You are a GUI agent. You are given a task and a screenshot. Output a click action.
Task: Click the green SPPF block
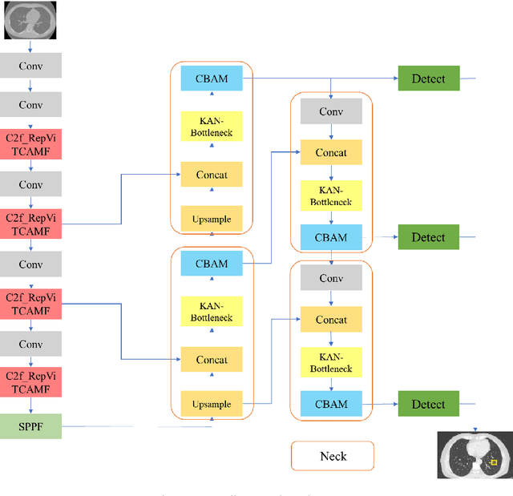[x=30, y=426]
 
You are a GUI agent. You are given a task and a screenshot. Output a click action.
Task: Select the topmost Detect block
[x=428, y=79]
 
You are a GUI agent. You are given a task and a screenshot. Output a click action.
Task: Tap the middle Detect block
[x=428, y=237]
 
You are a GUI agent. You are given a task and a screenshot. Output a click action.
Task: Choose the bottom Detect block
[x=428, y=404]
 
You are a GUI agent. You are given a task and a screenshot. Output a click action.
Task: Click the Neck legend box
[x=333, y=456]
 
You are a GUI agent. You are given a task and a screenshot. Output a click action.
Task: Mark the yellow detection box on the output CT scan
[x=494, y=462]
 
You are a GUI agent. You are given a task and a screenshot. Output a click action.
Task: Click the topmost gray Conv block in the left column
[x=30, y=66]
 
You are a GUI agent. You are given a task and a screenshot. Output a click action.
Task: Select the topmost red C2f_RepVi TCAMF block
[x=30, y=144]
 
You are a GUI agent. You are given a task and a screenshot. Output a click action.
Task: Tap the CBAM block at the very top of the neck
[x=212, y=79]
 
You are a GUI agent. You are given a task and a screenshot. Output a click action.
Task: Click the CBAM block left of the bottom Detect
[x=331, y=404]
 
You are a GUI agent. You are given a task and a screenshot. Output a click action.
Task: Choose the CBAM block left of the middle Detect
[x=331, y=237]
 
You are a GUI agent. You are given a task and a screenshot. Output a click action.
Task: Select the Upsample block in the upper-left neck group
[x=212, y=219]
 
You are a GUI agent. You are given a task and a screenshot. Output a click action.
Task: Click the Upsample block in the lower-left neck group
[x=212, y=404]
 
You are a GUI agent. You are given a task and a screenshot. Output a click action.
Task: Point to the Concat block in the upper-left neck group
[x=212, y=175]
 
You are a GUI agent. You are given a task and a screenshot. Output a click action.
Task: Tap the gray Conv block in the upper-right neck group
[x=331, y=111]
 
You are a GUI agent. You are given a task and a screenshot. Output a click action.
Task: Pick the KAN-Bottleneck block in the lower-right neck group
[x=331, y=363]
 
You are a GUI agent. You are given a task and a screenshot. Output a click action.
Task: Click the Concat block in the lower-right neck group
[x=331, y=320]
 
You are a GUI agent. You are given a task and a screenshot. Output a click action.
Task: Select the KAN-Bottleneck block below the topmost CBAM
[x=212, y=127]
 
